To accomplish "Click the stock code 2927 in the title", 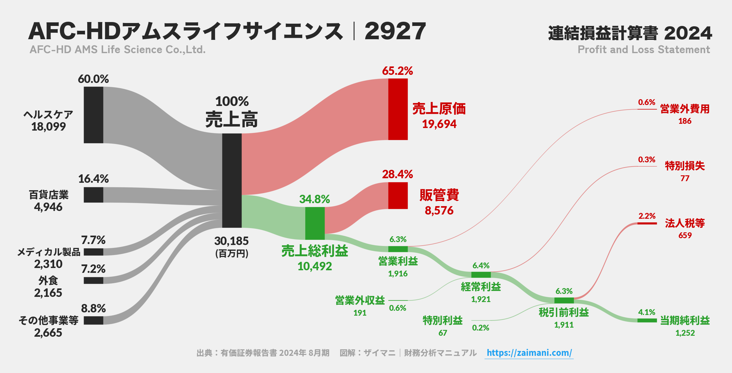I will coord(395,31).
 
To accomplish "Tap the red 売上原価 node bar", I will coord(398,109).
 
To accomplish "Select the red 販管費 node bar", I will coord(398,195).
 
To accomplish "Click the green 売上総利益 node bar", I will coord(315,223).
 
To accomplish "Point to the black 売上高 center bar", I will coord(232,181).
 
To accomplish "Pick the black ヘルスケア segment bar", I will coord(93,115).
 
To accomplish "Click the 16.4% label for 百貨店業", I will coord(93,179).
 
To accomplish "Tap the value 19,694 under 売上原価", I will coord(439,124).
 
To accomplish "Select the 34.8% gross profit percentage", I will coord(314,199).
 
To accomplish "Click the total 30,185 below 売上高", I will coord(231,241).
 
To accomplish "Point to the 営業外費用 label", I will coord(685,109).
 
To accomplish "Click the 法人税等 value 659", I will coord(685,235).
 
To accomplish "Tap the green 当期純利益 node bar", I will coord(647,321).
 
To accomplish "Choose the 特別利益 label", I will coord(442,321).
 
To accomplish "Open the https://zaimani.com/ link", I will coord(529,353).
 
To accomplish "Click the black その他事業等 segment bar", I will coord(93,321).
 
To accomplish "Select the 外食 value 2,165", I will coord(48,293).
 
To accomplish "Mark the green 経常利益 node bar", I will coord(481,275).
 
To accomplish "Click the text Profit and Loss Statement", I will coord(643,50).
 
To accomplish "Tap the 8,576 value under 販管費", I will coord(439,211).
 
